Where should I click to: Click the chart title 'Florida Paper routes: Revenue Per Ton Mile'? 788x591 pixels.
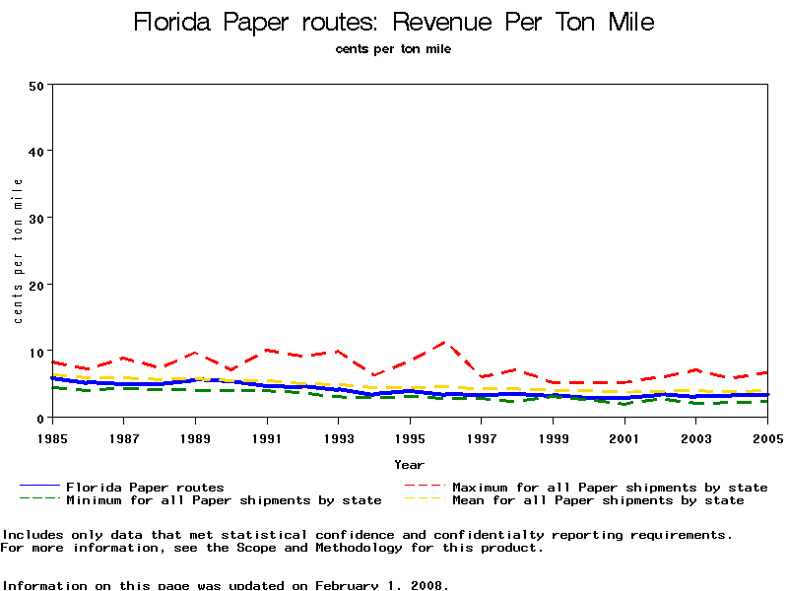coord(393,22)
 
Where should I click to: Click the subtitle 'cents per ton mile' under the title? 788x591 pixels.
coord(393,48)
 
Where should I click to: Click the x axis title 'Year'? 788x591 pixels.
coord(409,464)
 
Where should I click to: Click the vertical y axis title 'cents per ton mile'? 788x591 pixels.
coord(18,251)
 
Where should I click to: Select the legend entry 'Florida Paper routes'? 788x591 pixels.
coord(145,487)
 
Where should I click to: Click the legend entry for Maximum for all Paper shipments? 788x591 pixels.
coord(610,487)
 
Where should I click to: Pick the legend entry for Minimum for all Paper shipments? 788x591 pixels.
coord(224,500)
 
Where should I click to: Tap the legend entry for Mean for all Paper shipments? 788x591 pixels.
coord(598,500)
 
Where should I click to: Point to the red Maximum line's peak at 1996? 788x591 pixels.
coord(446,342)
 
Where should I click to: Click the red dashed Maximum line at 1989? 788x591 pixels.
coord(196,353)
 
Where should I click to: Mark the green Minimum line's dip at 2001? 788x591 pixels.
coord(624,404)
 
